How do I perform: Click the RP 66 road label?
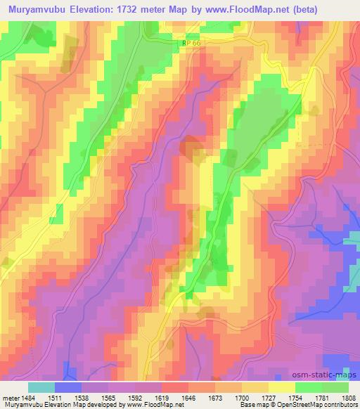pyautogui.click(x=188, y=44)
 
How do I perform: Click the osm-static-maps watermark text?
pyautogui.click(x=330, y=375)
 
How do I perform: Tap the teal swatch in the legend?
pyautogui.click(x=41, y=387)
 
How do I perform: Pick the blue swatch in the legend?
pyautogui.click(x=68, y=387)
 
